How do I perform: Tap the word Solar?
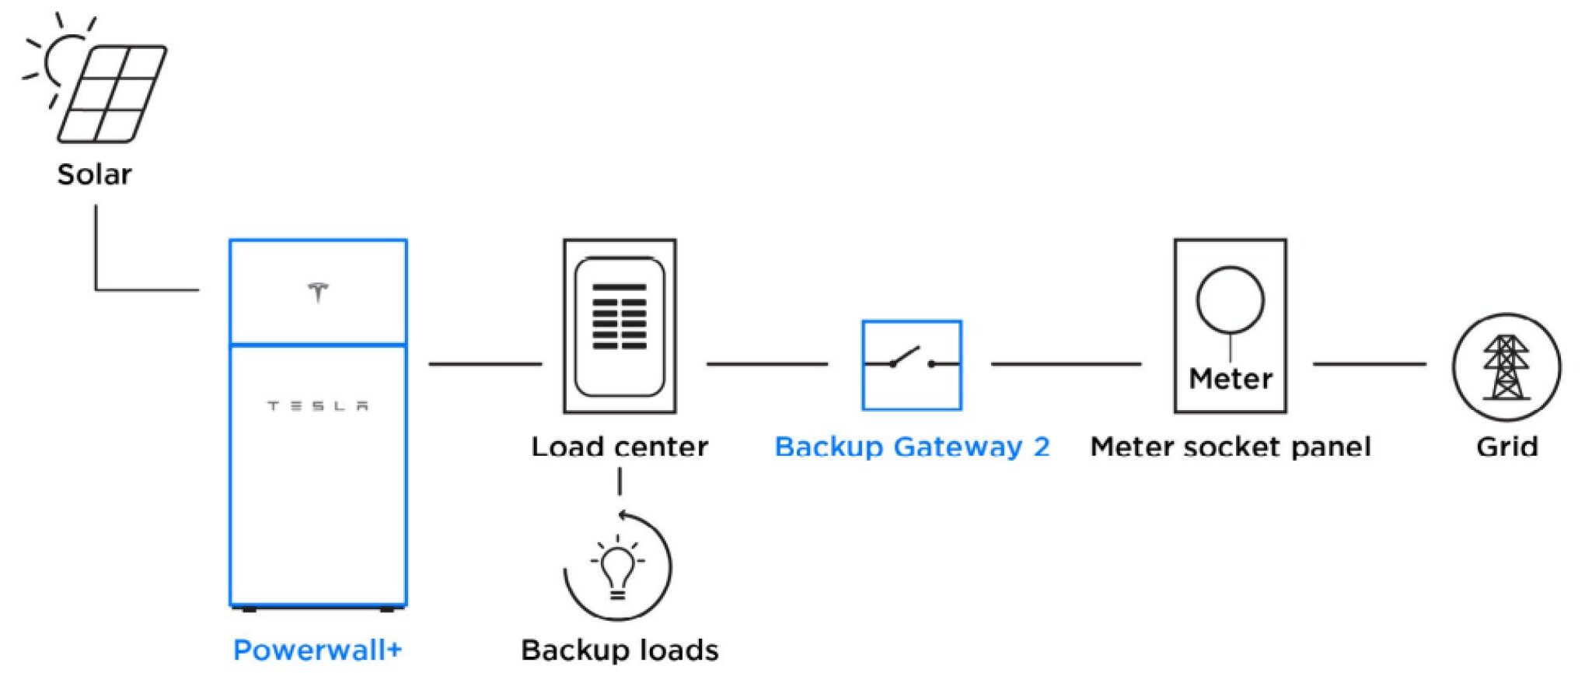click(94, 174)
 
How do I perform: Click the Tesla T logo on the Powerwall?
click(317, 293)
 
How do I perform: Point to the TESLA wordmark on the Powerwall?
click(318, 405)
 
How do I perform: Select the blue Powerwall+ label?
click(318, 650)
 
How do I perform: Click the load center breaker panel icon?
click(620, 326)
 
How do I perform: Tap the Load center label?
click(620, 447)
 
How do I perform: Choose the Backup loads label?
click(620, 650)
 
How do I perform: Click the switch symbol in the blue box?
click(912, 359)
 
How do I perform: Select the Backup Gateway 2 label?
click(912, 447)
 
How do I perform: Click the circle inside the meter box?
click(1230, 300)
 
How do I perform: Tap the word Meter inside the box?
click(1231, 379)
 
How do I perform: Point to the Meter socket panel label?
click(1231, 447)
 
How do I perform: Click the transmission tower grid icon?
click(1506, 367)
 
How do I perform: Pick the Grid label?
click(1506, 447)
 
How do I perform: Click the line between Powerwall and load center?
click(485, 363)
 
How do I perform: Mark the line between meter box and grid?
click(1370, 363)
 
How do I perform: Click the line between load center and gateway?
click(767, 363)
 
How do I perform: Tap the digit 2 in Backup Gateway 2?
click(1042, 447)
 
